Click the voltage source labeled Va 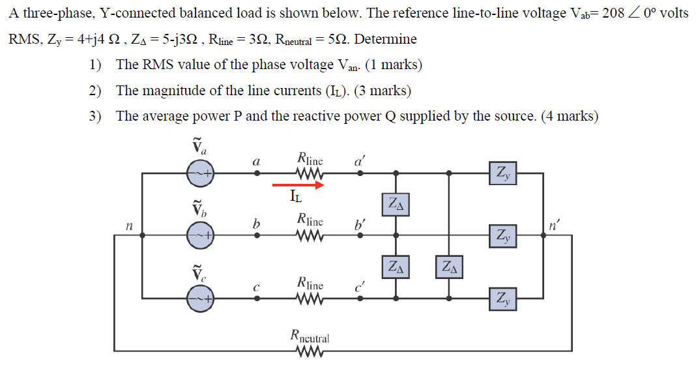(200, 173)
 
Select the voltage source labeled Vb (200, 235)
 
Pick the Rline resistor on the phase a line (310, 173)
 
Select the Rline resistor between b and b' (310, 235)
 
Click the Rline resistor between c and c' (310, 299)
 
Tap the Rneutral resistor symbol (310, 353)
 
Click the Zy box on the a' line (503, 173)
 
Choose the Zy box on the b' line (503, 235)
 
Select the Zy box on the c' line (503, 299)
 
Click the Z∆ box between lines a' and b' (396, 204)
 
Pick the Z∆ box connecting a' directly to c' (449, 267)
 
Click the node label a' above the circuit (360, 160)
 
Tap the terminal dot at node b (257, 235)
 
